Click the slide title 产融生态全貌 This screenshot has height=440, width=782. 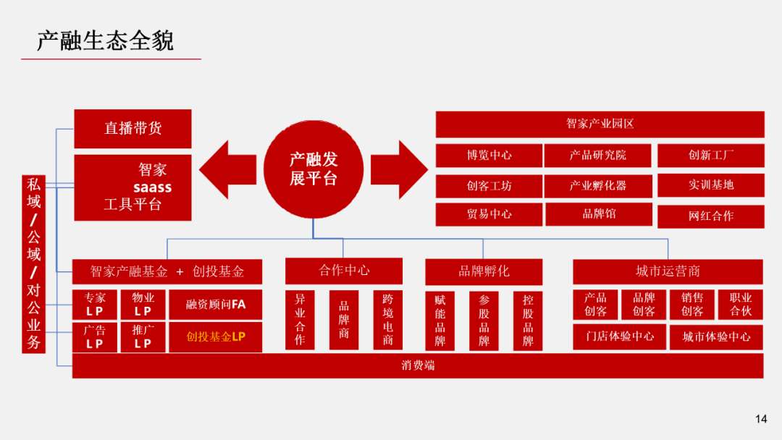click(105, 41)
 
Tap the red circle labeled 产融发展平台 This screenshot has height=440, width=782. click(314, 169)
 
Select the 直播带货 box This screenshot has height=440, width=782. click(133, 129)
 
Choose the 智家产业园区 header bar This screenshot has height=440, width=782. click(600, 124)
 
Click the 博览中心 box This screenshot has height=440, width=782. click(489, 155)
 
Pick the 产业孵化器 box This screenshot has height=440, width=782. click(597, 185)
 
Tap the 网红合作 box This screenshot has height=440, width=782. click(710, 216)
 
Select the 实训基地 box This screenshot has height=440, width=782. click(710, 185)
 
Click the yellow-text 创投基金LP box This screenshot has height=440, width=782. click(215, 337)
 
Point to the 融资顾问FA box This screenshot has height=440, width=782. click(215, 305)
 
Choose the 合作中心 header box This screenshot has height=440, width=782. click(344, 271)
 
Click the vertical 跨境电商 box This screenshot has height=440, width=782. click(387, 320)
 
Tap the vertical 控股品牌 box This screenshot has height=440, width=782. click(528, 320)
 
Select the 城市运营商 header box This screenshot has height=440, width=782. click(668, 271)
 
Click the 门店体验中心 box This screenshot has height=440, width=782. click(619, 337)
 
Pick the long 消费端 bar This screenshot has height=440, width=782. click(418, 365)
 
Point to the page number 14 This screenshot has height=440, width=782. click(760, 418)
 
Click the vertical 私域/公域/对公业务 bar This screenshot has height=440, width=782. click(34, 263)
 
